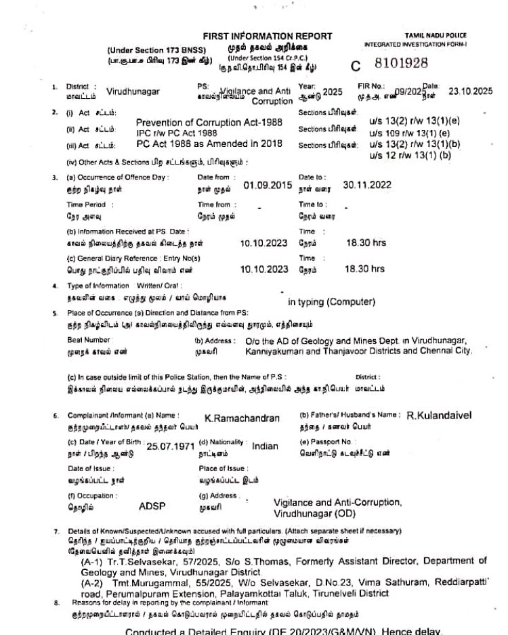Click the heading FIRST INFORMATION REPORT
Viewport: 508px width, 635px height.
[x=268, y=36]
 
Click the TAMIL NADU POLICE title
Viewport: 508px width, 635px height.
[x=436, y=36]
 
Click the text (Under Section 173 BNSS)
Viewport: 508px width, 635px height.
[x=149, y=51]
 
